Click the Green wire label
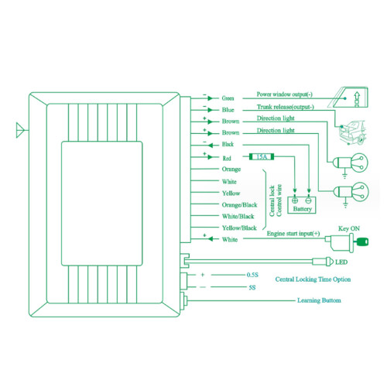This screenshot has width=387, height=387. (228, 98)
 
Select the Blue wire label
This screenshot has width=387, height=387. (228, 110)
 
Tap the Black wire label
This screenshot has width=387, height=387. (228, 144)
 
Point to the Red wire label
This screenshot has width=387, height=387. (227, 158)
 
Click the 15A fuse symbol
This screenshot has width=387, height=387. (262, 156)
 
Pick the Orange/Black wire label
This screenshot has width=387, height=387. (240, 205)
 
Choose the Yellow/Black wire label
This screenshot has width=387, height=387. (239, 228)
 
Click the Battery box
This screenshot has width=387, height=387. (302, 205)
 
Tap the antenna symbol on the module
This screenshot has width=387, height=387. (21, 130)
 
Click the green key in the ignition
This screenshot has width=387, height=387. (362, 241)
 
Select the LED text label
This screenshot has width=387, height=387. (341, 262)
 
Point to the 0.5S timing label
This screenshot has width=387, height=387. (252, 275)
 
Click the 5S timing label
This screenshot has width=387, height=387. (252, 287)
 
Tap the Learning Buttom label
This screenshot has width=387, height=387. (319, 300)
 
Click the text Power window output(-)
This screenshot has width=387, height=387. (285, 94)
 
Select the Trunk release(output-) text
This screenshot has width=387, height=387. (286, 107)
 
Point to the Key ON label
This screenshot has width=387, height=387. (349, 228)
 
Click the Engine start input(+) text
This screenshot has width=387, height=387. (293, 234)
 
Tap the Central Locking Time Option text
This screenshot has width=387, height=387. (313, 279)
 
